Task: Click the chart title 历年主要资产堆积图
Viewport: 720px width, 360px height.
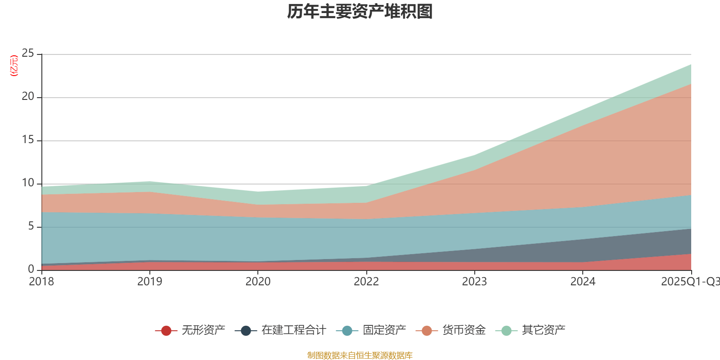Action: click(360, 12)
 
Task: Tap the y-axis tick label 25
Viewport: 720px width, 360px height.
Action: click(28, 54)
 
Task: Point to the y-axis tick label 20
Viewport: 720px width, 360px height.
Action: click(28, 97)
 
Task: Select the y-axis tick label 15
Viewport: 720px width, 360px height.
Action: click(28, 140)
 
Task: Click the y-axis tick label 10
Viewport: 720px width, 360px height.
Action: click(28, 183)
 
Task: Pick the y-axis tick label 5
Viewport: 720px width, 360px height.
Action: click(31, 226)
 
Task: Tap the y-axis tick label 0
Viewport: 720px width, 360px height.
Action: click(31, 269)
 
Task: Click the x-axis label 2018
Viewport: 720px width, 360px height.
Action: click(41, 282)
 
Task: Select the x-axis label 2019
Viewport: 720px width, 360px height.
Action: click(149, 282)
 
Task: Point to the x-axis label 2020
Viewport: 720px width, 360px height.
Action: click(258, 282)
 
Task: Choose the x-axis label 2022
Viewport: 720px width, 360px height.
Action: click(366, 282)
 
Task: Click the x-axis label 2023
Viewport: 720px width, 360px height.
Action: click(474, 282)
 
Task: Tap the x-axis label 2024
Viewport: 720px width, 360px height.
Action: click(583, 282)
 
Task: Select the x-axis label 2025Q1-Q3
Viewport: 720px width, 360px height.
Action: click(690, 282)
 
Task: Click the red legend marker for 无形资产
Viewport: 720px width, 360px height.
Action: click(166, 331)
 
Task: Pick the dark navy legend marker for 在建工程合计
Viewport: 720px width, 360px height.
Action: click(246, 331)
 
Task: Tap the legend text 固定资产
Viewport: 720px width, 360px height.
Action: click(384, 330)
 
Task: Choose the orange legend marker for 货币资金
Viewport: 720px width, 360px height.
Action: click(427, 331)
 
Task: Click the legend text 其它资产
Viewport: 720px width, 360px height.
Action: click(544, 330)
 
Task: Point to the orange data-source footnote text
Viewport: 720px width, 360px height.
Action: click(360, 355)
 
